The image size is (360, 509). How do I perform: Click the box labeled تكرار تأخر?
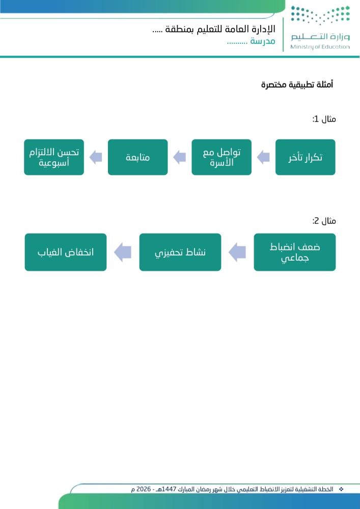[305, 157]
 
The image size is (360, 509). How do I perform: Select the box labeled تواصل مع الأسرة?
[221, 157]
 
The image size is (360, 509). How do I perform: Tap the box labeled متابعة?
[137, 157]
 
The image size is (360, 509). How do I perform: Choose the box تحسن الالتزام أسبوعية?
[54, 157]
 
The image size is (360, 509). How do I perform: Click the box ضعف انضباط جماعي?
[295, 252]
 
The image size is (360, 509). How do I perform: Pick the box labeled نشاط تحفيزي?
[180, 252]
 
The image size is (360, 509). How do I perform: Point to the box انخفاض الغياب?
[66, 252]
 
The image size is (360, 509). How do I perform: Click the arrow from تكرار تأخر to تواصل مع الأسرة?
[263, 157]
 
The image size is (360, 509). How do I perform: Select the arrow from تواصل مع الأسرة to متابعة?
[180, 157]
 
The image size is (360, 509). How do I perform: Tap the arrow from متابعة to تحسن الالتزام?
[96, 157]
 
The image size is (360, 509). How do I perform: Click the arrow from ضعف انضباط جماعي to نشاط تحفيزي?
[237, 252]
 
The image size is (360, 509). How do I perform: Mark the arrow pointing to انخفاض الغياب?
[123, 252]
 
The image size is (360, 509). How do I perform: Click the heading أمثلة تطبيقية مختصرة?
[297, 84]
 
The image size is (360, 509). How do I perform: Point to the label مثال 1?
[324, 119]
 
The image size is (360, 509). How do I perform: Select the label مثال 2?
[324, 221]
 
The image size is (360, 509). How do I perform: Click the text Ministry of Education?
[320, 47]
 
